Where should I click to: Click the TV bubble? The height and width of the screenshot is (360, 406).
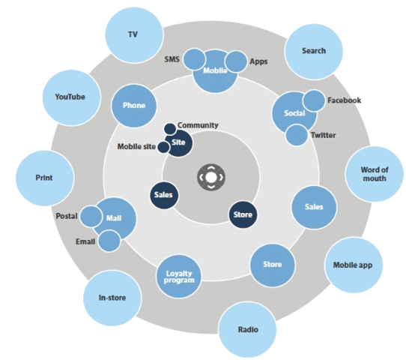[134, 34]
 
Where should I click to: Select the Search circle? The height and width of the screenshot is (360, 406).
[314, 51]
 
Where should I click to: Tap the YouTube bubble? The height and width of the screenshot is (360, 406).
[71, 97]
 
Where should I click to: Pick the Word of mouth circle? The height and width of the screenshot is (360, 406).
[374, 174]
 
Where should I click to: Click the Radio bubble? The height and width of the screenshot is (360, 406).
[247, 330]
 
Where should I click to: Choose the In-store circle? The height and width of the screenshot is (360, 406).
[112, 298]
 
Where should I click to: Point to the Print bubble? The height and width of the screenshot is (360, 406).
[45, 178]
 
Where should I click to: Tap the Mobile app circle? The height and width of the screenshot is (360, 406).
[354, 265]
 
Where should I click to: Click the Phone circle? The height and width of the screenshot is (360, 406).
[134, 106]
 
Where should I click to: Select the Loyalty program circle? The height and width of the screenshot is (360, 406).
[179, 277]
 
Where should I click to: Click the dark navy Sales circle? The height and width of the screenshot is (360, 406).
[163, 195]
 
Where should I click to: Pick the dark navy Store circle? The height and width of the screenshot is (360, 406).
[243, 214]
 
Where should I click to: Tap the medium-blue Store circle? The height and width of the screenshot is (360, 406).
[273, 265]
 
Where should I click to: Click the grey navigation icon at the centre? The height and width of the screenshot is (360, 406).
[211, 178]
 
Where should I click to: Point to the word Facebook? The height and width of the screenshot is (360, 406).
[344, 100]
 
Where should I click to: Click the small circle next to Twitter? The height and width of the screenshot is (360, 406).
[297, 135]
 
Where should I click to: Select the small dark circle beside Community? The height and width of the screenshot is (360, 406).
[170, 129]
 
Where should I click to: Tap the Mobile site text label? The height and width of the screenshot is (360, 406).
[136, 146]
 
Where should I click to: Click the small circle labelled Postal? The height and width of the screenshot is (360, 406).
[91, 217]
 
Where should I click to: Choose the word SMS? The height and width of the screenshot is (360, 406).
[172, 59]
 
